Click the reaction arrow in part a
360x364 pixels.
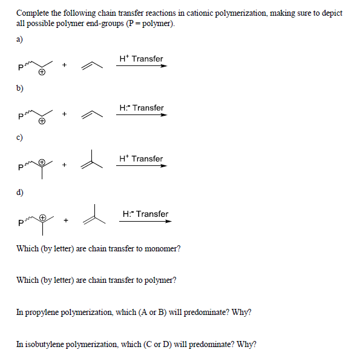point(141,67)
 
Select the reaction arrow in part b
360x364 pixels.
point(141,116)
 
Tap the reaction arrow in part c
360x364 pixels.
point(141,167)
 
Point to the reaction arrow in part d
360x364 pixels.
point(145,222)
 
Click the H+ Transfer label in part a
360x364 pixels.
point(141,59)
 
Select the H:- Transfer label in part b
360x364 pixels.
point(141,108)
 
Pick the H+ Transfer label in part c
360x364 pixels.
point(141,159)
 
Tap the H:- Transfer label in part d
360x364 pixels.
point(145,214)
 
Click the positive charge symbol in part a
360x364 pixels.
point(42,72)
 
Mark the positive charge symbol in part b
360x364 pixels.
point(42,121)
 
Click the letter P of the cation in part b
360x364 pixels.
point(22,117)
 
